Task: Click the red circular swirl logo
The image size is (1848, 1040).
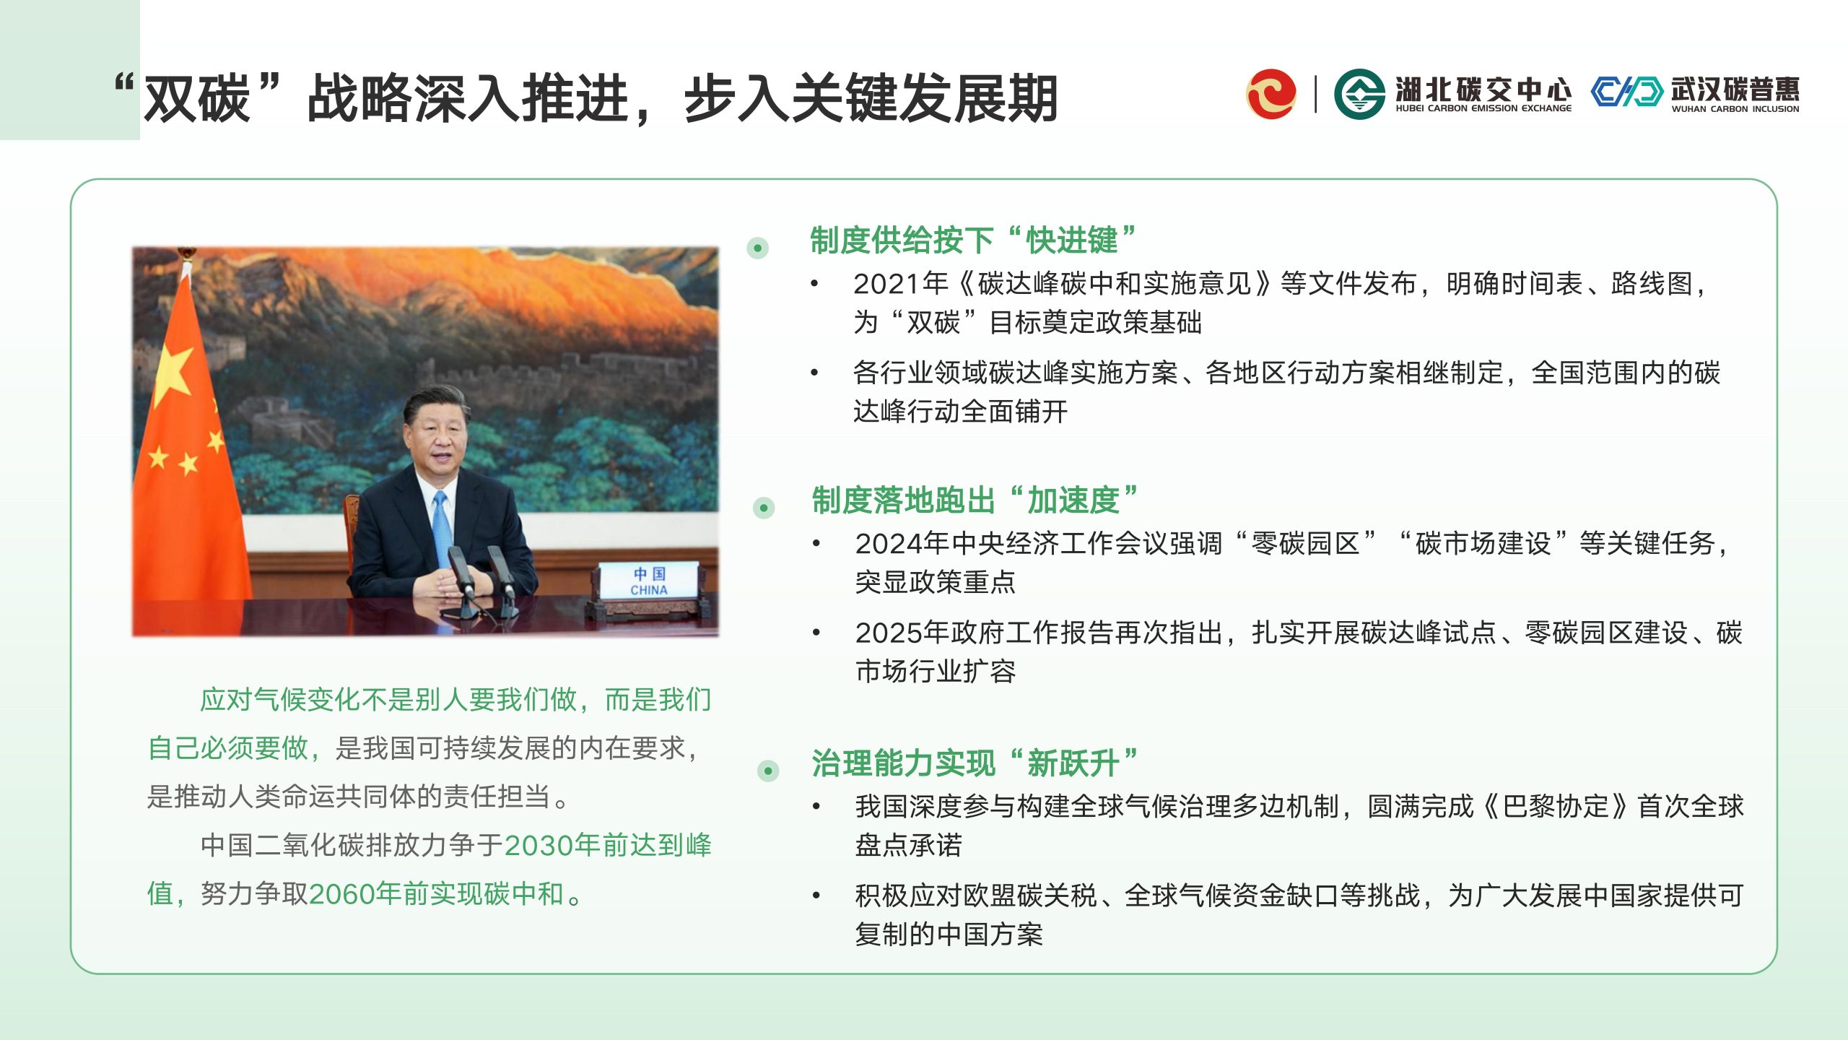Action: point(1270,93)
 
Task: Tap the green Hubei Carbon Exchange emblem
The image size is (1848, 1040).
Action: point(1359,93)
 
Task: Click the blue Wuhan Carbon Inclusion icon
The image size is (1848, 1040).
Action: point(1627,92)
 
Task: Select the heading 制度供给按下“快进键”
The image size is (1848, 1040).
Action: point(973,240)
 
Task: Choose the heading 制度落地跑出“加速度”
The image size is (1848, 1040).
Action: point(975,500)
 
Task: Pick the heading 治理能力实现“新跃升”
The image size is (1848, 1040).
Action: point(975,763)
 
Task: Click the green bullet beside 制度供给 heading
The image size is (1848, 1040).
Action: point(757,248)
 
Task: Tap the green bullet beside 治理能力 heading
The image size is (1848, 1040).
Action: point(768,771)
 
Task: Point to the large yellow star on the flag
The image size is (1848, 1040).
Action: point(173,374)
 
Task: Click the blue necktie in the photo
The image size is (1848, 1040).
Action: point(442,527)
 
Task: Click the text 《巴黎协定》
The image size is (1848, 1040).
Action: point(1556,807)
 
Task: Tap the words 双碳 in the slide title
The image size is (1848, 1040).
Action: point(196,99)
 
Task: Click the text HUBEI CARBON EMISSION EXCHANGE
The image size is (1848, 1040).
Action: point(1483,108)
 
